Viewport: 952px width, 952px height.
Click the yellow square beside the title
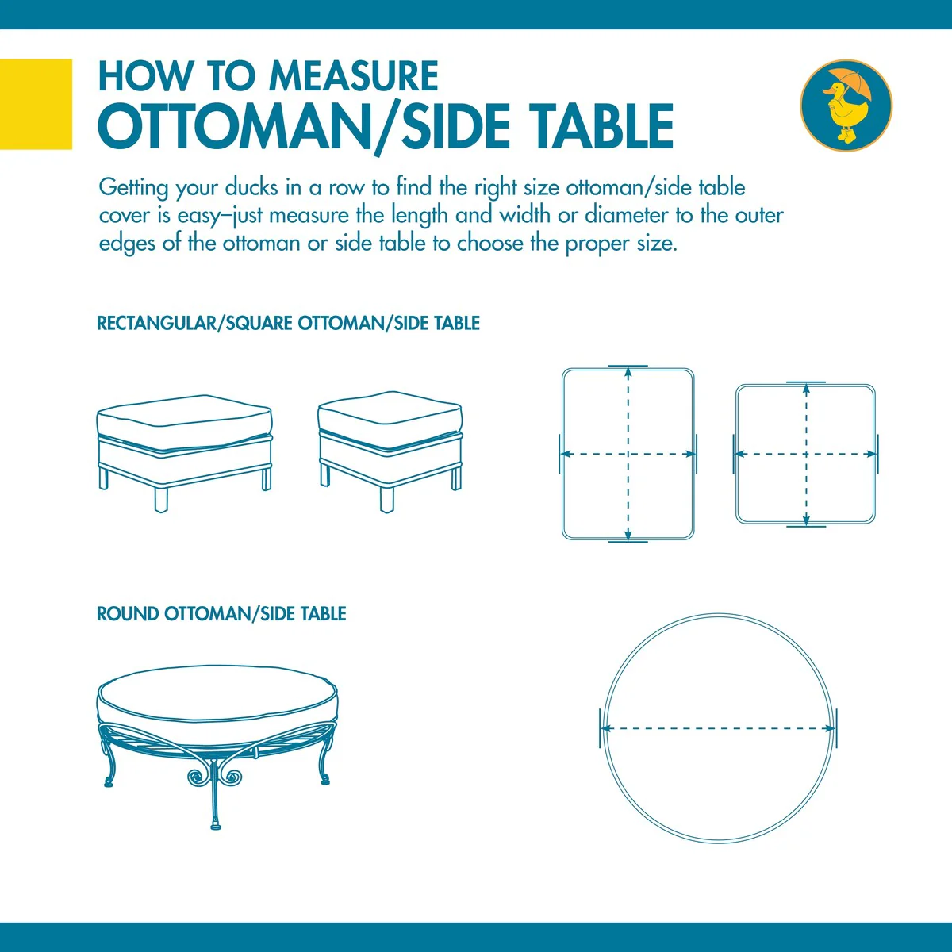click(x=36, y=104)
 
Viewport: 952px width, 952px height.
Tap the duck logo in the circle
click(x=846, y=106)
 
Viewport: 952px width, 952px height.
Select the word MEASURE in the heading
click(x=353, y=76)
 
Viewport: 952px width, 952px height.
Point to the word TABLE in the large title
click(x=595, y=126)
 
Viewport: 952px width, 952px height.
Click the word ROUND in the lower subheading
click(x=128, y=613)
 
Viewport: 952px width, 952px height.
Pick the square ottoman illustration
click(x=390, y=451)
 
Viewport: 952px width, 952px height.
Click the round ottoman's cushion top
click(x=217, y=692)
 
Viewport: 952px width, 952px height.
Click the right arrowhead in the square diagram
click(x=870, y=454)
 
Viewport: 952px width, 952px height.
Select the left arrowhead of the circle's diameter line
click(x=607, y=728)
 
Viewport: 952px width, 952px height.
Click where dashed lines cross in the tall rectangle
click(x=628, y=454)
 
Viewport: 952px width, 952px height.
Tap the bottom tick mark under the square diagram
click(x=806, y=526)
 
